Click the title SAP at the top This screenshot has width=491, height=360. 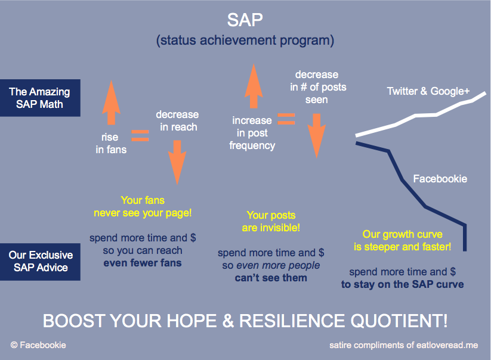[x=245, y=20]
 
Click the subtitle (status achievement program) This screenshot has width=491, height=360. [x=245, y=41]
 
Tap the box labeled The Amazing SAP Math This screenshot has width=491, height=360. [x=40, y=98]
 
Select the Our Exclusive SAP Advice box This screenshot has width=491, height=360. [x=40, y=262]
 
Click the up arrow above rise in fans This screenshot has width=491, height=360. [x=111, y=103]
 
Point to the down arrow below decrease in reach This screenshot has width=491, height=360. [x=177, y=162]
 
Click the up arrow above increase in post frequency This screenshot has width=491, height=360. [x=254, y=86]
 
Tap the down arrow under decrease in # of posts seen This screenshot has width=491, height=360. [x=317, y=136]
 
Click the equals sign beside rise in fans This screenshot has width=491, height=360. [x=140, y=135]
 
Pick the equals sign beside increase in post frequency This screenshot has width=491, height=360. [x=286, y=119]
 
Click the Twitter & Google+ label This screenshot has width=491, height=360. [x=428, y=91]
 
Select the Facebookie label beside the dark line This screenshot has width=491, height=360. [x=440, y=179]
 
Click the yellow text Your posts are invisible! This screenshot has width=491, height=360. [x=271, y=222]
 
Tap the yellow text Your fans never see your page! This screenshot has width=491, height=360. [x=143, y=206]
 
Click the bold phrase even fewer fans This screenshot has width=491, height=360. [x=143, y=263]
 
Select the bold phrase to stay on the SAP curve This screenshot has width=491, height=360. [x=402, y=284]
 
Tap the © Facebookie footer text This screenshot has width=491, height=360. [x=38, y=345]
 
